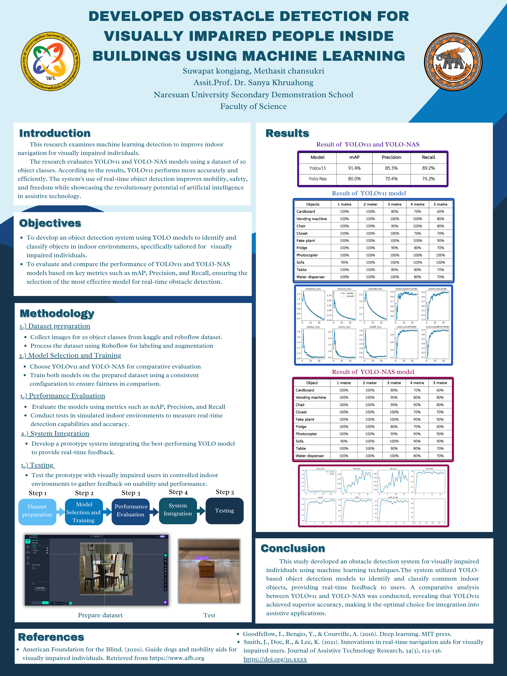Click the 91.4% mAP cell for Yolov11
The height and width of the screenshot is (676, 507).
[x=354, y=168]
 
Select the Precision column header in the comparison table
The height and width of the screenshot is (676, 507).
[x=391, y=157]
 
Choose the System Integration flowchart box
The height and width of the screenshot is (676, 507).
[x=178, y=510]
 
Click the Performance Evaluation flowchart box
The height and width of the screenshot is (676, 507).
[x=131, y=511]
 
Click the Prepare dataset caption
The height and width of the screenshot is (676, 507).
[x=100, y=615]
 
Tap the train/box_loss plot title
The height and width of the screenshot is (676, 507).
[x=313, y=289]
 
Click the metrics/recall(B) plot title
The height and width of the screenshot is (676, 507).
[x=437, y=289]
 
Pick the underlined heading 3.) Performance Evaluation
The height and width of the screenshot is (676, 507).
[x=63, y=396]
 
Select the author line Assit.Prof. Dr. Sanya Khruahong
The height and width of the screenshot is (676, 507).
[x=253, y=83]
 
